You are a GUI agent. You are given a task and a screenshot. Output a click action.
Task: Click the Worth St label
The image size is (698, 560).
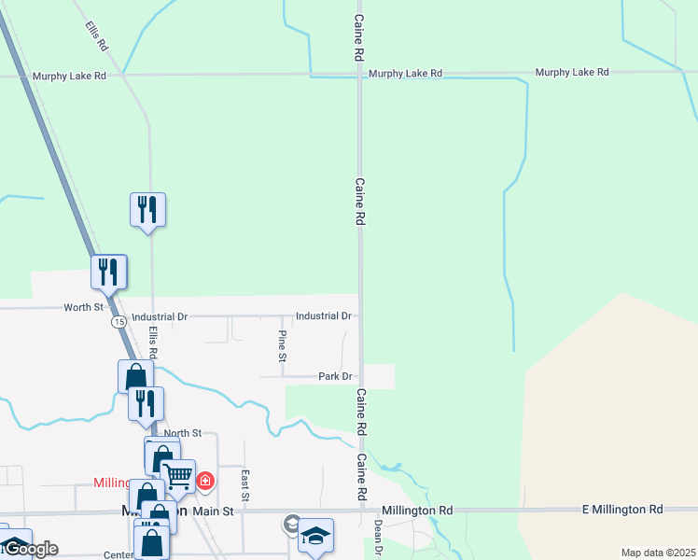pos(83,307)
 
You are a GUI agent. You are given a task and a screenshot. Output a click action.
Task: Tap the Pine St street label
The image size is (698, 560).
pos(283,344)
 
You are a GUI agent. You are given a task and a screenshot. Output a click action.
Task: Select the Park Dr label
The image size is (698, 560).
pos(335,377)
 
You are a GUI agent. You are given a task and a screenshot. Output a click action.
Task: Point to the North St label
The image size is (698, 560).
pos(183,433)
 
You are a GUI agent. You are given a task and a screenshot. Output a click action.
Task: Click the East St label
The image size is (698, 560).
pos(245,483)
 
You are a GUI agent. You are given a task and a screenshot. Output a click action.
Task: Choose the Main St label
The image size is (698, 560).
pos(212,511)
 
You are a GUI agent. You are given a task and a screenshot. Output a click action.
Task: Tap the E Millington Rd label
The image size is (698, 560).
pos(621,510)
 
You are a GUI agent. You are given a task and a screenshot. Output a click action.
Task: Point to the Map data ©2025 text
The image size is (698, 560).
pos(657,553)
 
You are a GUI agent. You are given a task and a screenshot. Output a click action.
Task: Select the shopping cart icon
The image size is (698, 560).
pos(178,477)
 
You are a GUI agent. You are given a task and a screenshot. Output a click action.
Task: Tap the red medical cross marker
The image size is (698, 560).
pos(204,483)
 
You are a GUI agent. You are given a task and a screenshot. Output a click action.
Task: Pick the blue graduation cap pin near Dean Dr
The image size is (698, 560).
pos(315,536)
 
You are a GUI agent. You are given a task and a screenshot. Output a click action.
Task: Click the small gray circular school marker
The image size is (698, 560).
pos(293,525)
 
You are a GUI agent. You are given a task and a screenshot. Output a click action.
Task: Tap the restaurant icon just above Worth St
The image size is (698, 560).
pos(109,272)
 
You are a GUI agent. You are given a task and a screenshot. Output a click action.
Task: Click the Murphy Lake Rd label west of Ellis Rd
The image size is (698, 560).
pos(69,77)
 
